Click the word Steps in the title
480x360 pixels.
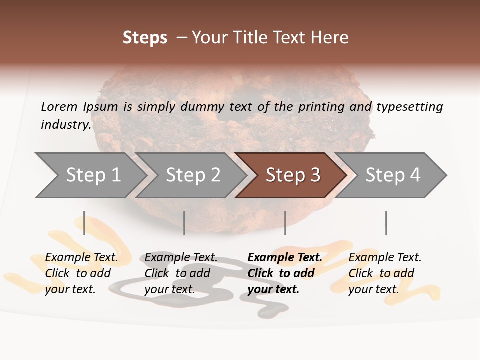[x=145, y=38]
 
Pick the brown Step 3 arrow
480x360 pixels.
[x=293, y=175]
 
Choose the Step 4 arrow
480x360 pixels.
[x=393, y=175]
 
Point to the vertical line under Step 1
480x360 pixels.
[x=84, y=223]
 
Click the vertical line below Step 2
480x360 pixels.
[x=184, y=223]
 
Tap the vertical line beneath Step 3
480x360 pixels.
[x=285, y=223]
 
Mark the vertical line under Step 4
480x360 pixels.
[x=386, y=223]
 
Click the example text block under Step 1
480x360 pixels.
[x=81, y=273]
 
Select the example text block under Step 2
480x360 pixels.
[x=180, y=273]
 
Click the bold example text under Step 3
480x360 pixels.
[x=284, y=273]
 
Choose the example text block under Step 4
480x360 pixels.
[x=384, y=273]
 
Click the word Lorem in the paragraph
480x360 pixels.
[x=59, y=107]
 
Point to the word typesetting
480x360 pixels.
[x=409, y=107]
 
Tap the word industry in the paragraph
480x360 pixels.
[x=66, y=125]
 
